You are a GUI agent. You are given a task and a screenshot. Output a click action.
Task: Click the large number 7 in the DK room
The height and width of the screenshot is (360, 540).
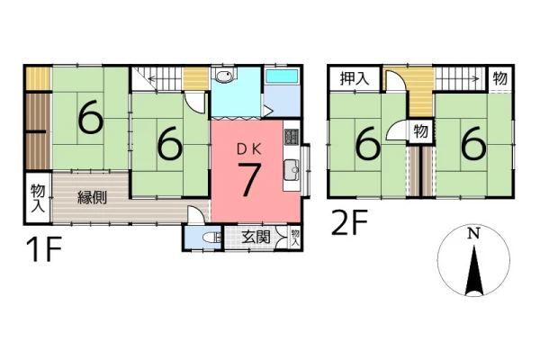[248, 179]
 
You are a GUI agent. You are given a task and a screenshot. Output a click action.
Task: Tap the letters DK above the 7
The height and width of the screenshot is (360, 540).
[249, 148]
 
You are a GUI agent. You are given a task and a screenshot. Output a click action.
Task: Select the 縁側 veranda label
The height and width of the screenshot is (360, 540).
[92, 197]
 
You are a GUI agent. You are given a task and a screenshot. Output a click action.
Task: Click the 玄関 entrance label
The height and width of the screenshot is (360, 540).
[256, 237]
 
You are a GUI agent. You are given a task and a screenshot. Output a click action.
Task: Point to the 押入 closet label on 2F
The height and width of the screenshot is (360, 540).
[355, 78]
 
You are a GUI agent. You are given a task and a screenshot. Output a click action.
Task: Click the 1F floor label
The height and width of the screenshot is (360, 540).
[44, 249]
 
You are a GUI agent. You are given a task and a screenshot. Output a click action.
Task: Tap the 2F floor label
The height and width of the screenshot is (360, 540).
[349, 223]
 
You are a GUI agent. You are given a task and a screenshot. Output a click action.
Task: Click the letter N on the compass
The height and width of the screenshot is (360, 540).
[474, 234]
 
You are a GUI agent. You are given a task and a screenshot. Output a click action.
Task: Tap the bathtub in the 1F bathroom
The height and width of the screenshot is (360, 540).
[282, 76]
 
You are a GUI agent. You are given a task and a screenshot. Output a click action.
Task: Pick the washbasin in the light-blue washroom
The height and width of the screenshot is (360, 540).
[224, 75]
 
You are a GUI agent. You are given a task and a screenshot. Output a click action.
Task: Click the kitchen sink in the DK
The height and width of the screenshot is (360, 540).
[292, 170]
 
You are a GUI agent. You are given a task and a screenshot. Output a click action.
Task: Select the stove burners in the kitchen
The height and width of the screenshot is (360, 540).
[292, 137]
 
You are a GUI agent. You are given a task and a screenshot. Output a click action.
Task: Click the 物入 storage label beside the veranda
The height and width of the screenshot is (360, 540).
[38, 198]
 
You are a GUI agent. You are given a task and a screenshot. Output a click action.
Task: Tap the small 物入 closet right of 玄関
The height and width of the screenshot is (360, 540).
[295, 238]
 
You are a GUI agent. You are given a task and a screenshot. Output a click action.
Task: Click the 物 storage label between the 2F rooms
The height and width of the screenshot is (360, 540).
[421, 131]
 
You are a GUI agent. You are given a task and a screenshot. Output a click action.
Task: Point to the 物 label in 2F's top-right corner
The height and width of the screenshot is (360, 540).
[500, 78]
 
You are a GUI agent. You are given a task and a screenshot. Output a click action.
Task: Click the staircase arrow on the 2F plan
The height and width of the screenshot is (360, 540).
[458, 79]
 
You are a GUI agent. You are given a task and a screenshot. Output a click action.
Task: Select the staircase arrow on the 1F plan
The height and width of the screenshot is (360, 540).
[165, 79]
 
